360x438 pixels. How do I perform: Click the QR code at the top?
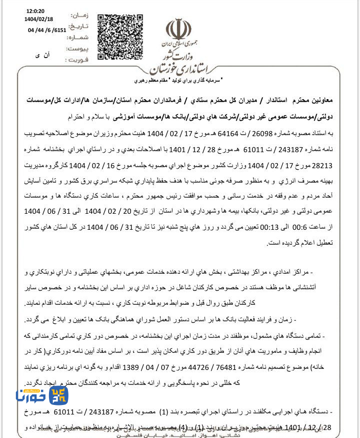pyautogui.click(x=120, y=36)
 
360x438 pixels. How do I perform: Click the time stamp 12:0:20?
pyautogui.click(x=35, y=11)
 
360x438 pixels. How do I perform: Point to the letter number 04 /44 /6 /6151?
pyautogui.click(x=46, y=30)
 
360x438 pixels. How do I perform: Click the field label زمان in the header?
pyautogui.click(x=80, y=16)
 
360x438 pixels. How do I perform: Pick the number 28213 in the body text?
pyautogui.click(x=321, y=165)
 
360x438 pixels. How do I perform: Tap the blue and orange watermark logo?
pyautogui.click(x=42, y=396)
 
